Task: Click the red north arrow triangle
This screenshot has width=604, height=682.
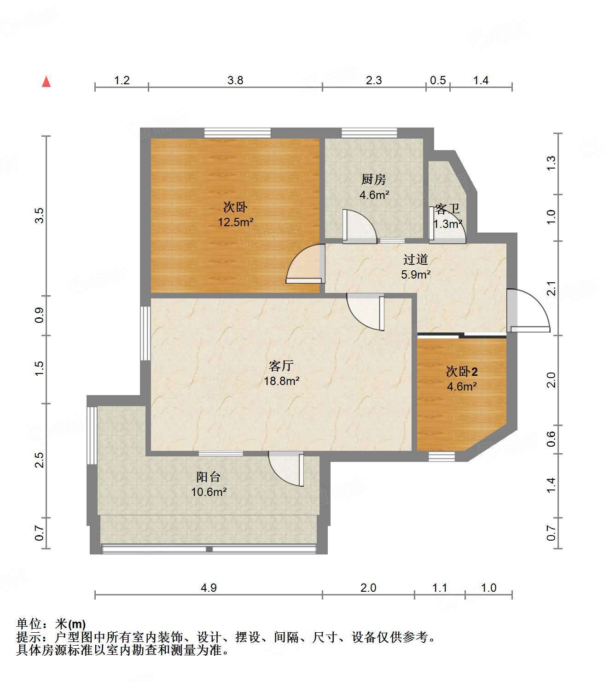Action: pyautogui.click(x=46, y=82)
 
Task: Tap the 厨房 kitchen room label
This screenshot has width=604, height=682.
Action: pyautogui.click(x=373, y=179)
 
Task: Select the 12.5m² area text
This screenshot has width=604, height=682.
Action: pyautogui.click(x=236, y=222)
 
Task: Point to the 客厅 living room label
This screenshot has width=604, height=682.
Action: pyautogui.click(x=281, y=365)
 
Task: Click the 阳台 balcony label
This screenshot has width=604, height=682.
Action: pyautogui.click(x=208, y=477)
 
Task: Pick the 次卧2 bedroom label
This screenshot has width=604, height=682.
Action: pyautogui.click(x=462, y=371)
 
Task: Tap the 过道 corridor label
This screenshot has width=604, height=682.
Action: pyautogui.click(x=416, y=259)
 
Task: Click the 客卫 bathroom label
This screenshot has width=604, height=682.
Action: pyautogui.click(x=447, y=209)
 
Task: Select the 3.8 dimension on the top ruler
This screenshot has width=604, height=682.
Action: pyautogui.click(x=235, y=80)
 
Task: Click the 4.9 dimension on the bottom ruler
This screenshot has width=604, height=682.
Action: pyautogui.click(x=209, y=588)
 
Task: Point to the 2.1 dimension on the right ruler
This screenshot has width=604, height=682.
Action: pyautogui.click(x=551, y=288)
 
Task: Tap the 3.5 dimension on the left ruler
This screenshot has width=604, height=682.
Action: pyautogui.click(x=40, y=216)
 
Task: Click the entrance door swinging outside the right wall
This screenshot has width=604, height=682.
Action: pyautogui.click(x=528, y=310)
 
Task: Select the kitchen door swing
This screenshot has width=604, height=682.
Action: pyautogui.click(x=360, y=226)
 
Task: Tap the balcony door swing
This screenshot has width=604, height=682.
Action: pyautogui.click(x=286, y=469)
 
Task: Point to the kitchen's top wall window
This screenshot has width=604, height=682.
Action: pyautogui.click(x=369, y=133)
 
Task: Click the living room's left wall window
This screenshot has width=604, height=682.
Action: pyautogui.click(x=145, y=333)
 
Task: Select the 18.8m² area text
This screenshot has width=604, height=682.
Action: pyautogui.click(x=282, y=381)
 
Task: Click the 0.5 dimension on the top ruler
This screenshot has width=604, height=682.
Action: pyautogui.click(x=438, y=80)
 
